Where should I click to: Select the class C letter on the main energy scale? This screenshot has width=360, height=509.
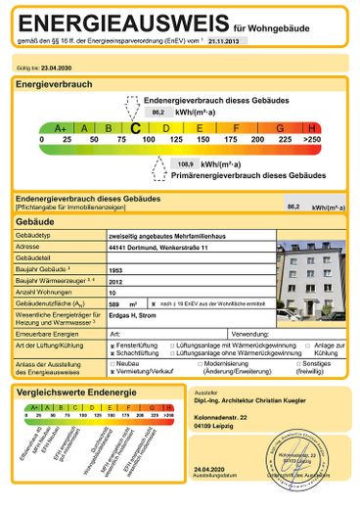(135, 127)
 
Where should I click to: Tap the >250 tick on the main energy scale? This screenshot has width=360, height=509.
(311, 140)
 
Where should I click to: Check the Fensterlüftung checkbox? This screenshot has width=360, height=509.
(112, 347)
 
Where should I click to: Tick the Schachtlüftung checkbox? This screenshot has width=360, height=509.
(112, 353)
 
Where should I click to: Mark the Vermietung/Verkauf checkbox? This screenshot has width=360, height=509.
(112, 372)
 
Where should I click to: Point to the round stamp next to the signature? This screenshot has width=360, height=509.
(306, 453)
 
